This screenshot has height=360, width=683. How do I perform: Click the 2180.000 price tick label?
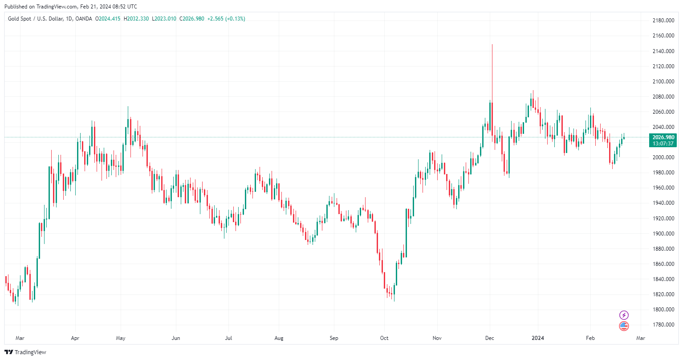coord(663,21)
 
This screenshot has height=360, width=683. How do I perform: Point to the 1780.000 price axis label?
coord(663,325)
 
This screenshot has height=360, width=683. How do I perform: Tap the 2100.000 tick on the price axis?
coord(663,82)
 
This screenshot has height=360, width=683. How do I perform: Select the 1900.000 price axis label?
coord(663,234)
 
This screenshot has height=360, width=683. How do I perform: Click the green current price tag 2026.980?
coord(663,137)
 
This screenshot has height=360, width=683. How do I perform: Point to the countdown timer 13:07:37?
coord(663,144)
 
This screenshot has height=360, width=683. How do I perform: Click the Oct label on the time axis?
coord(384,338)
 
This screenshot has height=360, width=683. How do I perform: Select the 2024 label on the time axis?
coord(538,338)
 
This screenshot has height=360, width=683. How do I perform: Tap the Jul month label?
coord(228,338)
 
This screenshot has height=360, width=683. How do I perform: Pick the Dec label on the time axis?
coord(490,338)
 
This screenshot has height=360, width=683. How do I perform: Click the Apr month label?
coord(75,338)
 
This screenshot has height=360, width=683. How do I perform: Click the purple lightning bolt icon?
coord(624,315)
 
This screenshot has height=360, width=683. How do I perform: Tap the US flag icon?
coord(624,326)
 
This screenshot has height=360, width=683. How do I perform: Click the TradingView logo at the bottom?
coord(25,352)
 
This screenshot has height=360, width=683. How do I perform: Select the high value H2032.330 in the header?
coord(136,19)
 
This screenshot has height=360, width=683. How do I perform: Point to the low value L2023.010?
coord(164,19)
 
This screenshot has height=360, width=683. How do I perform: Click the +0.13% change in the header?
coord(236,19)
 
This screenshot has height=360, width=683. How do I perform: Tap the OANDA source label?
coord(84,19)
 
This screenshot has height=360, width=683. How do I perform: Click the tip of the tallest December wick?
coord(492,44)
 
